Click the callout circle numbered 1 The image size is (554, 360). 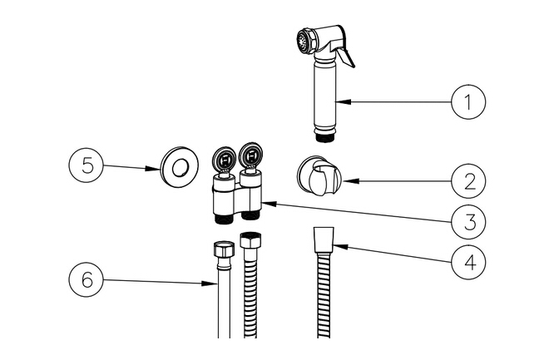[468, 102]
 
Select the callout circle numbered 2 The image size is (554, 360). [468, 180]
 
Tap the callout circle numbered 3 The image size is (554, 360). [468, 221]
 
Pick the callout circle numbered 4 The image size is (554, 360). [468, 262]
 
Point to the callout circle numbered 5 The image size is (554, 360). [87, 164]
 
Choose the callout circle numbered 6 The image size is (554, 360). [87, 280]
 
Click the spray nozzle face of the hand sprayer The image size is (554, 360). [302, 41]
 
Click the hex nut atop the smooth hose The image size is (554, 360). [222, 249]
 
